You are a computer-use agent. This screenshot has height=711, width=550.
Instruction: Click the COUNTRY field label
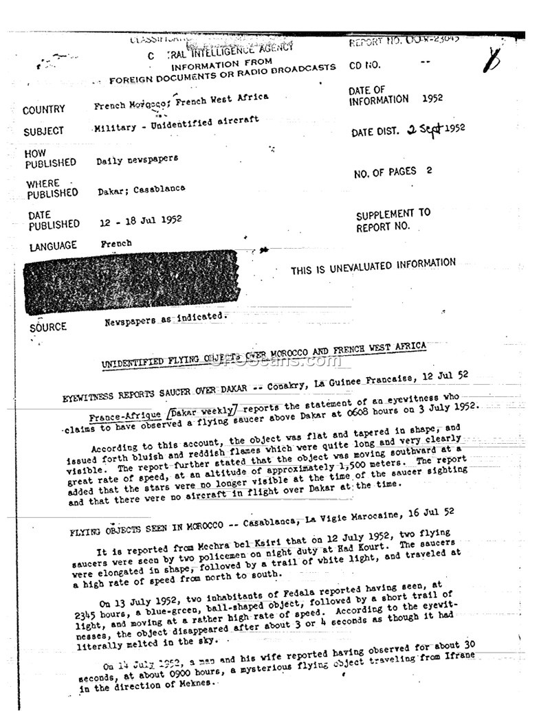point(43,110)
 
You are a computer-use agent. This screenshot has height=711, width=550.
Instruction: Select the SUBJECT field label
point(43,131)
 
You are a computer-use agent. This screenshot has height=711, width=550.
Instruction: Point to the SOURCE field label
point(48,327)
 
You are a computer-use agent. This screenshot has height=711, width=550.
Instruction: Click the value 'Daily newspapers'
point(137,159)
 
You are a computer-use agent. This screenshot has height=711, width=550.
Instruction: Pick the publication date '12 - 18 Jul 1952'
point(140,221)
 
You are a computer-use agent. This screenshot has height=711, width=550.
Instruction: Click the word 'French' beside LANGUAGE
point(116,243)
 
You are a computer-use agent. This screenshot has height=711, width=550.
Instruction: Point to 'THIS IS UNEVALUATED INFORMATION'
point(373,266)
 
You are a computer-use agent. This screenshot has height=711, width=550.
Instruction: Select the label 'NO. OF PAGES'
point(385,173)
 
